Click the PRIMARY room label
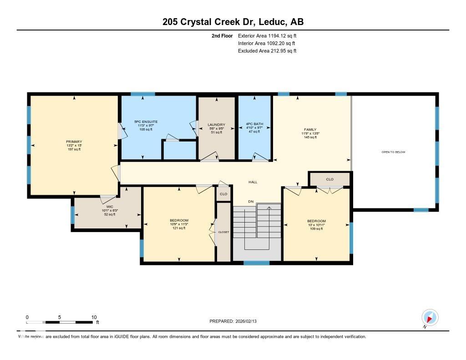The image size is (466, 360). pyautogui.click(x=74, y=142)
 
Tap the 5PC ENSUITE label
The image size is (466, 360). pyautogui.click(x=146, y=122)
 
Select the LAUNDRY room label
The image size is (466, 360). pyautogui.click(x=216, y=125)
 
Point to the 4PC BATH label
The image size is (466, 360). pyautogui.click(x=254, y=124)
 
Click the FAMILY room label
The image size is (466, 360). pyautogui.click(x=310, y=130)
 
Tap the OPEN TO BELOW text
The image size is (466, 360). pyautogui.click(x=393, y=152)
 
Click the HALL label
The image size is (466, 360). pyautogui.click(x=253, y=182)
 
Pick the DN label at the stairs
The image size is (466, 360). pyautogui.click(x=250, y=202)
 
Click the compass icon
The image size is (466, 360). pyautogui.click(x=430, y=317)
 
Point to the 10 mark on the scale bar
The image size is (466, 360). pyautogui.click(x=94, y=317)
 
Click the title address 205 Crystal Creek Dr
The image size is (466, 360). pyautogui.click(x=233, y=22)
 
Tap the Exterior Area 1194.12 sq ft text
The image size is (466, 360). pyautogui.click(x=267, y=35)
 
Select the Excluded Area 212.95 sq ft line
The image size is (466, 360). pyautogui.click(x=267, y=51)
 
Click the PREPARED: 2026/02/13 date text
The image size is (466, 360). pyautogui.click(x=236, y=321)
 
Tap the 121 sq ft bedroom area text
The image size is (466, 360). pyautogui.click(x=178, y=228)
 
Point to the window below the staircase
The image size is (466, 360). pyautogui.click(x=256, y=263)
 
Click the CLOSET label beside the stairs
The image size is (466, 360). pyautogui.click(x=223, y=232)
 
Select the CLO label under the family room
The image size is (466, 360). pyautogui.click(x=329, y=179)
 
